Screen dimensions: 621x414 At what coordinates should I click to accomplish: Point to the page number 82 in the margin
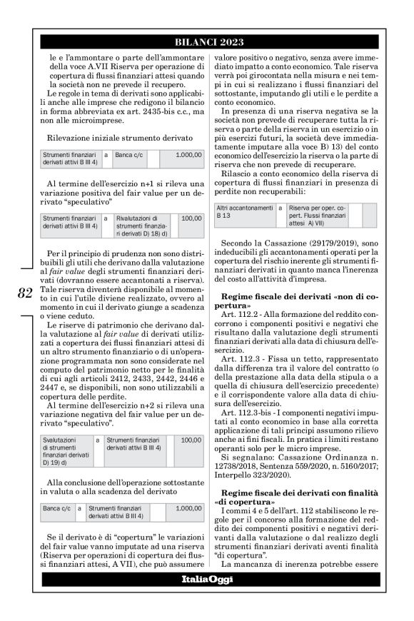click(x=25, y=293)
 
